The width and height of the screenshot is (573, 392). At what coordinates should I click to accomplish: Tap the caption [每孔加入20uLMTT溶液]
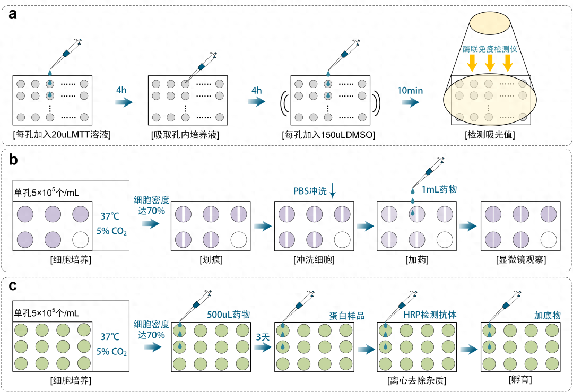[62, 135]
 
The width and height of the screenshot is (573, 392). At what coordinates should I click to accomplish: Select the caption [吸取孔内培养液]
[185, 135]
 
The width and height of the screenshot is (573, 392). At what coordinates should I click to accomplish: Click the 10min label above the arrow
[410, 90]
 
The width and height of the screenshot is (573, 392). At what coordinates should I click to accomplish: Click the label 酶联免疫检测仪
[489, 49]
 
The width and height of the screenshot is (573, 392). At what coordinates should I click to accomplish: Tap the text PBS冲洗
[310, 191]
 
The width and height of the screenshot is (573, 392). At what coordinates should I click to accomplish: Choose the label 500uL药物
[229, 315]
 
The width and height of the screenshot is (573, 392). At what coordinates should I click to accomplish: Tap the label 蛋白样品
[347, 315]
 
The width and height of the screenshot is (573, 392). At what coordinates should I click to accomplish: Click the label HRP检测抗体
[430, 315]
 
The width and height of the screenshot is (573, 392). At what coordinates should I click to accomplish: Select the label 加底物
[547, 315]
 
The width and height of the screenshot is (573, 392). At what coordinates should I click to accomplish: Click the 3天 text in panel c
[263, 336]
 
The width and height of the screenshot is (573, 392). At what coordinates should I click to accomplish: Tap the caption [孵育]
[520, 380]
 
